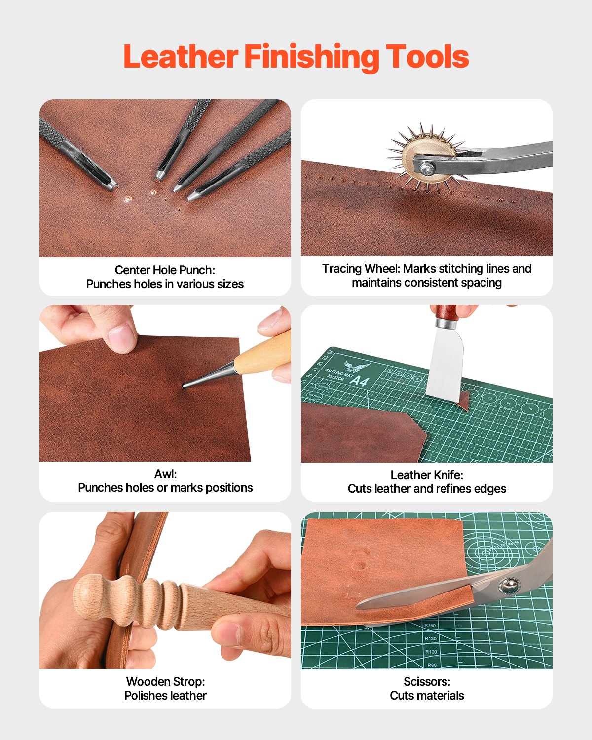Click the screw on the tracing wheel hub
pos(427,168)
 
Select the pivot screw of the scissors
pos(508,586)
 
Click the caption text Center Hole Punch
pos(165,270)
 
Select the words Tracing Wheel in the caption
pos(361,269)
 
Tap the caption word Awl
pos(165,474)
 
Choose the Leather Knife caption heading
pos(426,475)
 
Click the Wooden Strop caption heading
pos(165,681)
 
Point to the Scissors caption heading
pos(426,681)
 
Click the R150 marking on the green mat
pos(430,626)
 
